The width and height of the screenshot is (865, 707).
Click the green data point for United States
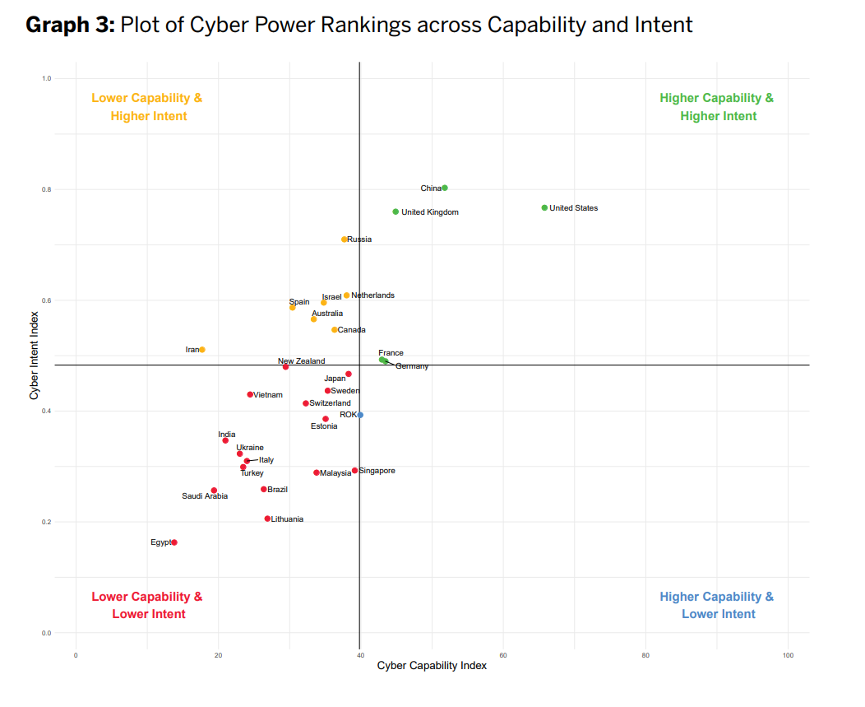point(544,207)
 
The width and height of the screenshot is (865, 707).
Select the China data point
point(445,188)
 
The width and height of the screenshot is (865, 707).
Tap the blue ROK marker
point(360,415)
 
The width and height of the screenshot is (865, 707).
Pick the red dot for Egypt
point(174,542)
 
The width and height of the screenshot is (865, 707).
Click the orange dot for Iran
point(202,350)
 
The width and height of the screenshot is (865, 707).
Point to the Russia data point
point(345,240)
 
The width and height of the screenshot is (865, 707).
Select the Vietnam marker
point(250,394)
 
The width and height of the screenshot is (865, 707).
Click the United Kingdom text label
point(430,212)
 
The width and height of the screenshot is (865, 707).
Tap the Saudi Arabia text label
point(205,496)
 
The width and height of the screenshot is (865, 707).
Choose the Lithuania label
point(287,519)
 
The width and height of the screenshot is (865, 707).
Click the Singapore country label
point(377,471)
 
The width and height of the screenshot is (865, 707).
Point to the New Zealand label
point(301,361)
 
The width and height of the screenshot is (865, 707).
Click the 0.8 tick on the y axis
point(47,189)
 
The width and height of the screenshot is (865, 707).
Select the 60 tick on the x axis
point(502,655)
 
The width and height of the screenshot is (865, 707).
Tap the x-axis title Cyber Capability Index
point(432,666)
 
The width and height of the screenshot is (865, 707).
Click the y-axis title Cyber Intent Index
point(35,356)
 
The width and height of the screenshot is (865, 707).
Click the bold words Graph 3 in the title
point(70,25)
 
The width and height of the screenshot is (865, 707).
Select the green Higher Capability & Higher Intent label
point(717,107)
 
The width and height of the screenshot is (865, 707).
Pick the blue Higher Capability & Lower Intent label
point(717,606)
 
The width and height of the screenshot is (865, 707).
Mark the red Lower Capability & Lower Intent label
point(148,606)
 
